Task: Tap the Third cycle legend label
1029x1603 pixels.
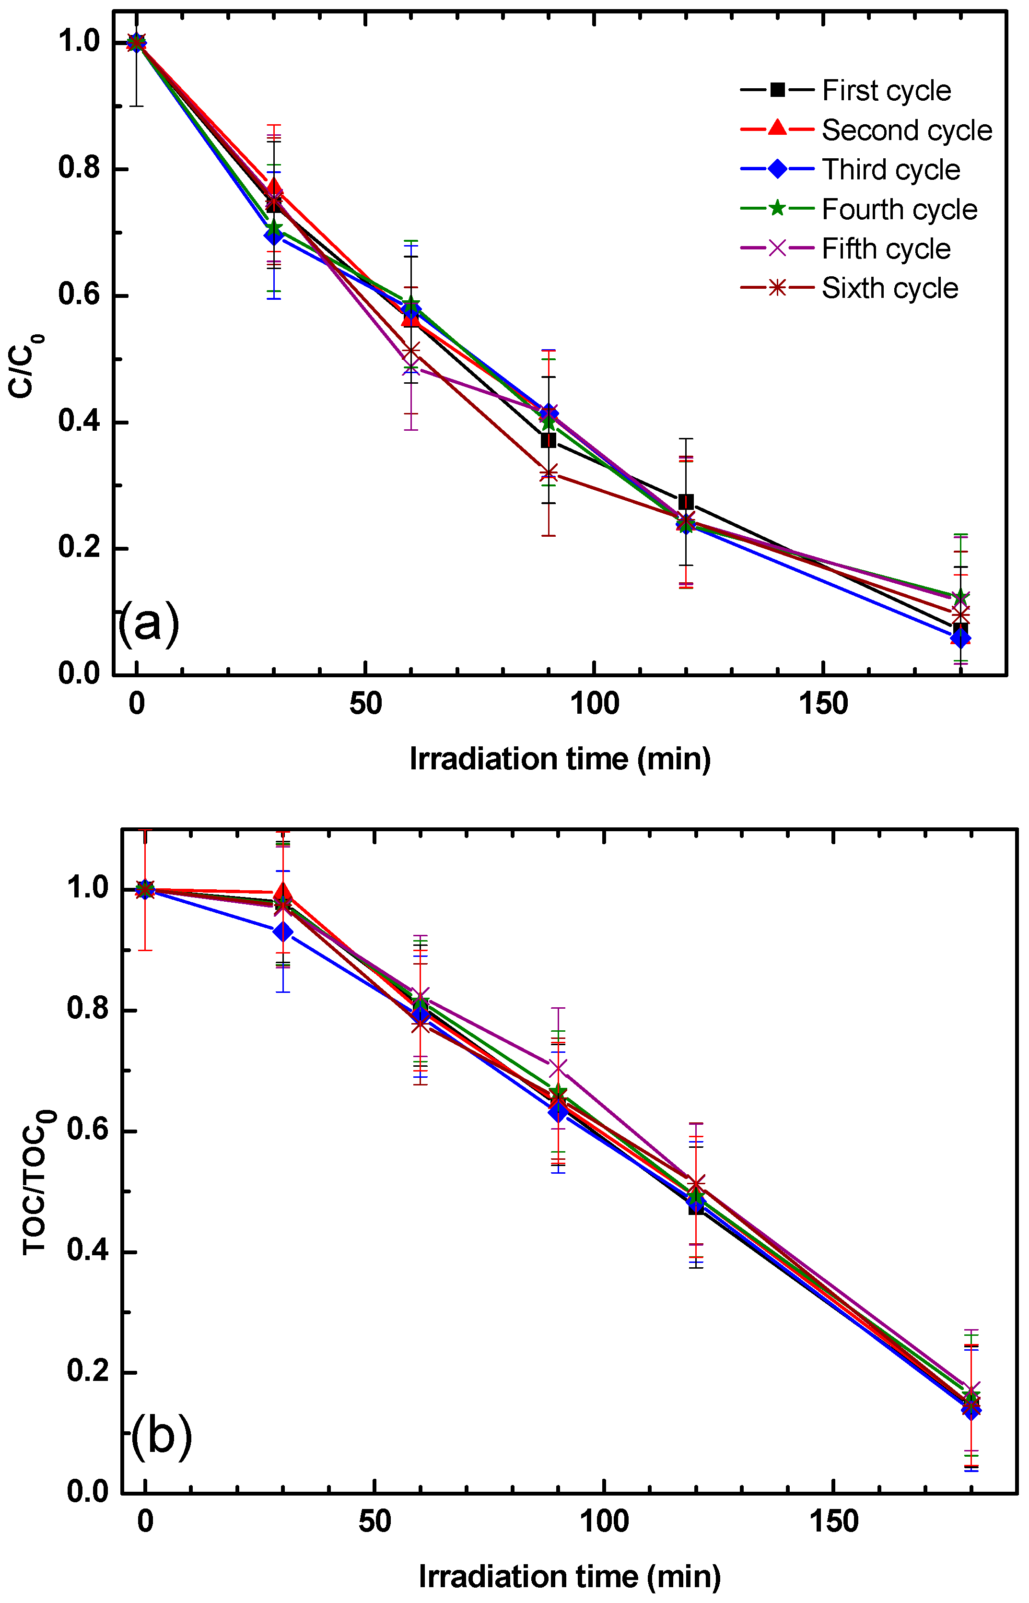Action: (891, 170)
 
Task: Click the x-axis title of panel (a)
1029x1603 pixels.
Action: (560, 760)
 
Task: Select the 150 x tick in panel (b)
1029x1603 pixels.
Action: (833, 1522)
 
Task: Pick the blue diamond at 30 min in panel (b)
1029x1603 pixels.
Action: (282, 931)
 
